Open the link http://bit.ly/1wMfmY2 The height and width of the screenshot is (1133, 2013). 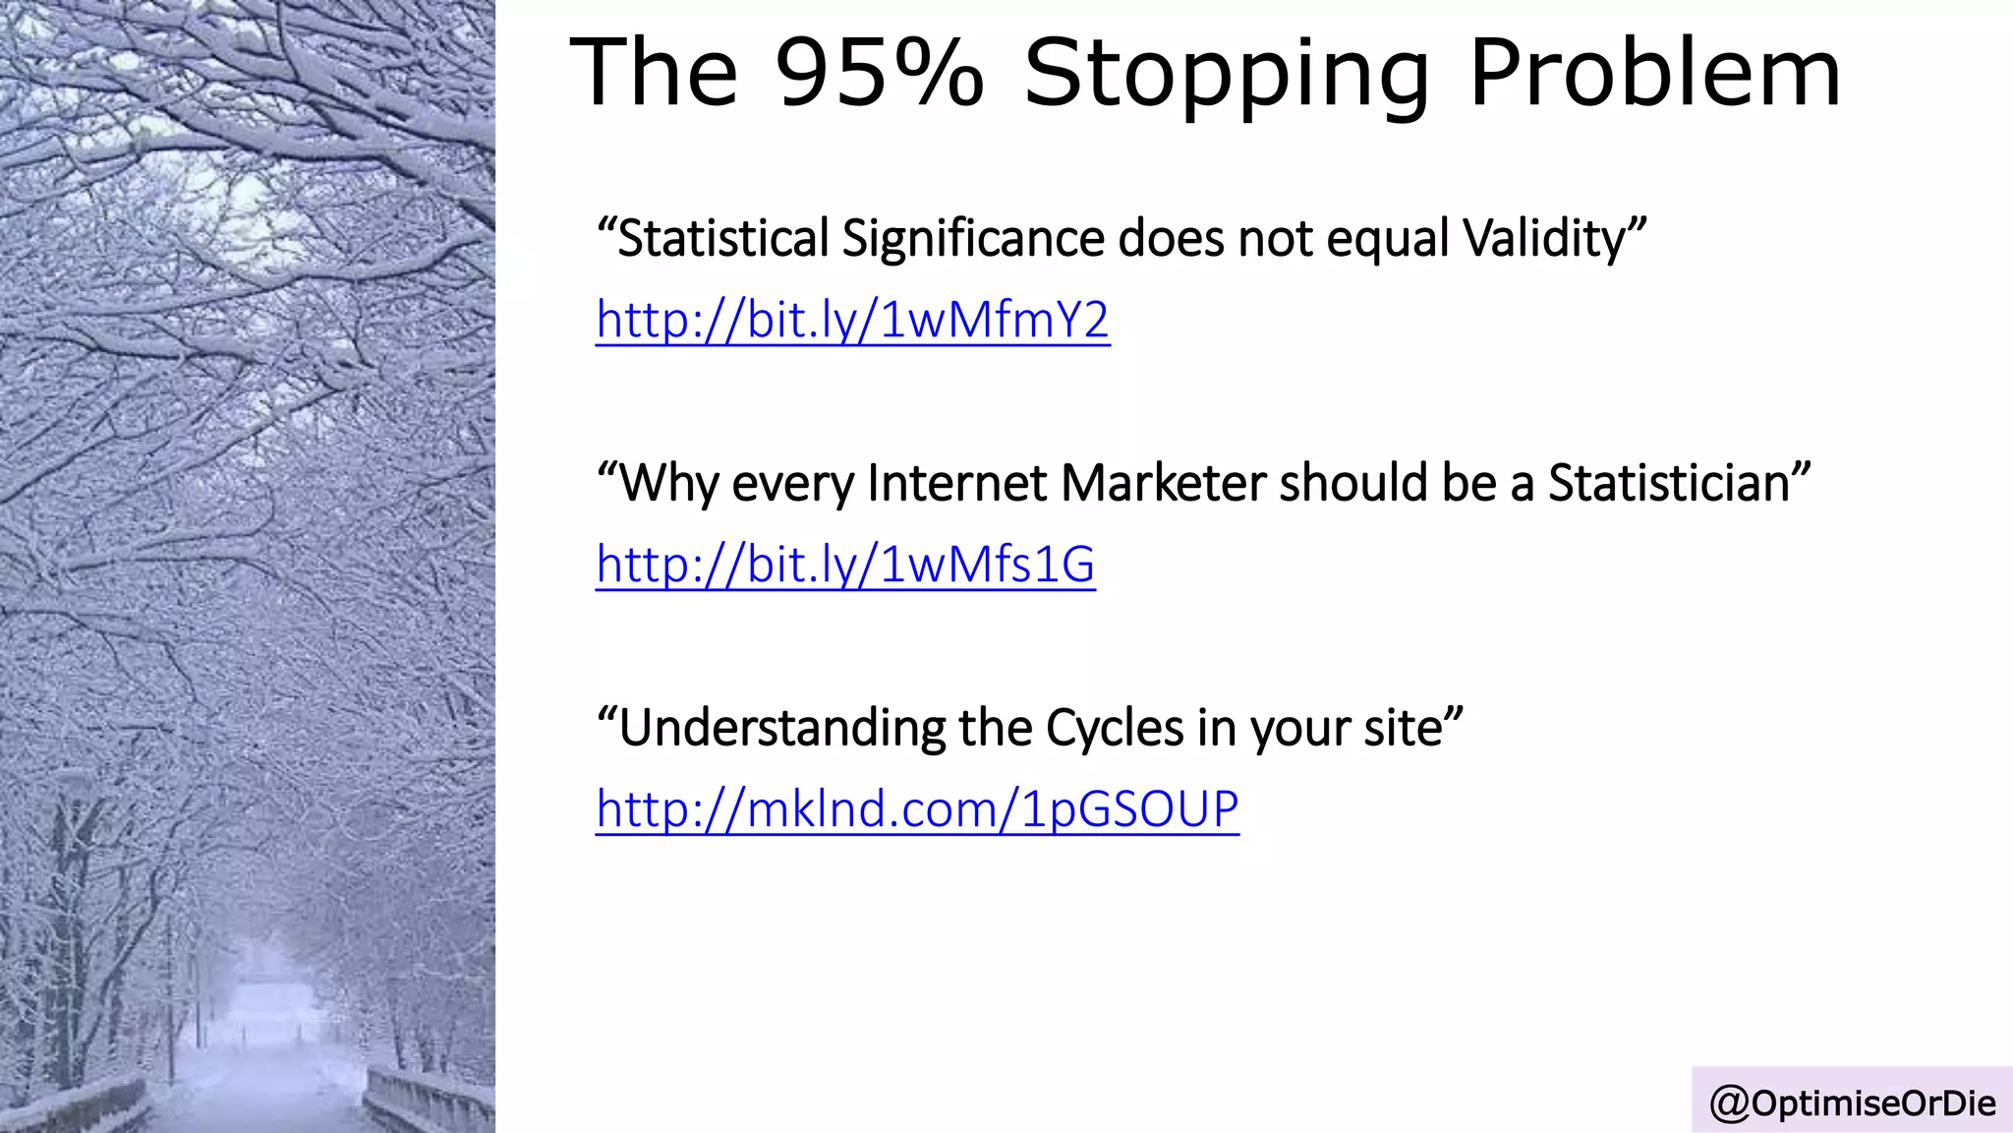click(852, 320)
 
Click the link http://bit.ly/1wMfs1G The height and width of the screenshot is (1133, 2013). click(845, 565)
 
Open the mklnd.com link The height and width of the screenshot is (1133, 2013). click(917, 809)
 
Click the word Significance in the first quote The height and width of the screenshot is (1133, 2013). click(972, 239)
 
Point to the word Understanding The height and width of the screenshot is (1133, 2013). click(782, 728)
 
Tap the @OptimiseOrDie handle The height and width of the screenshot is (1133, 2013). click(1853, 1103)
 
